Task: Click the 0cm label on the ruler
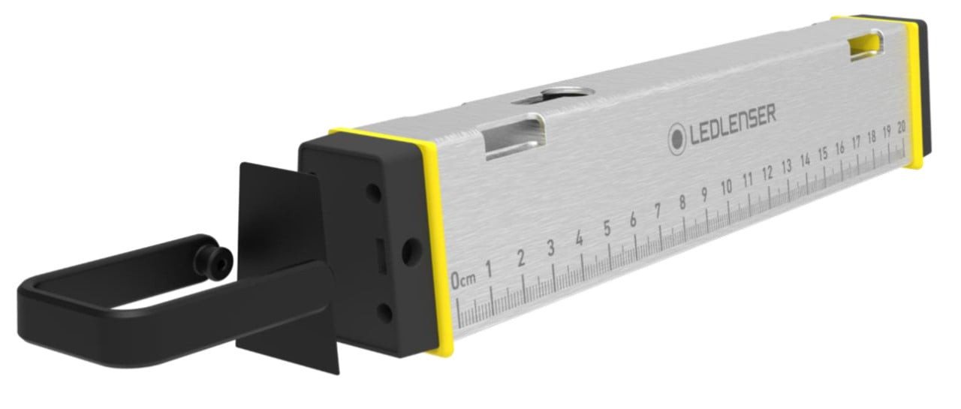(463, 281)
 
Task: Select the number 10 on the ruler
(726, 188)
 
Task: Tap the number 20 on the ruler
(901, 128)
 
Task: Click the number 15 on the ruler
(822, 155)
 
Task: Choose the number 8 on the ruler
(682, 202)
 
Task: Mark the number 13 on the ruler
(786, 167)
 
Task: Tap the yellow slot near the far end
(864, 47)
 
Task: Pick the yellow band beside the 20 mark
(915, 90)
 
